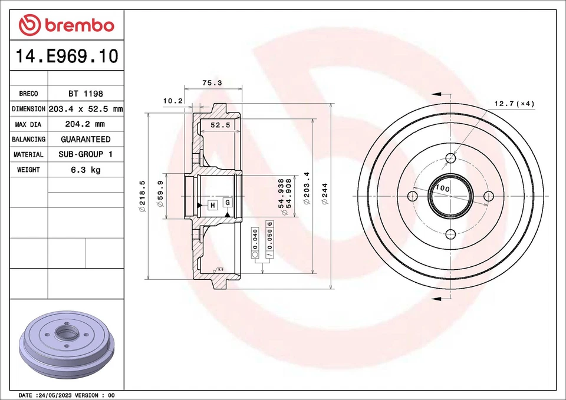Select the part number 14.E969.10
coord(66,57)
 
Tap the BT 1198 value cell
coord(85,94)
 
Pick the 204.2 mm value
coord(85,124)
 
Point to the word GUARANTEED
coord(85,140)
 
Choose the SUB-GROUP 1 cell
coord(85,154)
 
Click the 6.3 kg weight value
coord(85,170)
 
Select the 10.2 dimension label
coord(172,101)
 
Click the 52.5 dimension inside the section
coord(220,125)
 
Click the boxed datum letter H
coord(212,205)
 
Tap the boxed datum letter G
coord(227,202)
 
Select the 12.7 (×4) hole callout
coord(514,104)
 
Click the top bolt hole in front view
coord(451,158)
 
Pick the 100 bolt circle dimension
coord(442,189)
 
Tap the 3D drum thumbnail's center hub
coord(66,334)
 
